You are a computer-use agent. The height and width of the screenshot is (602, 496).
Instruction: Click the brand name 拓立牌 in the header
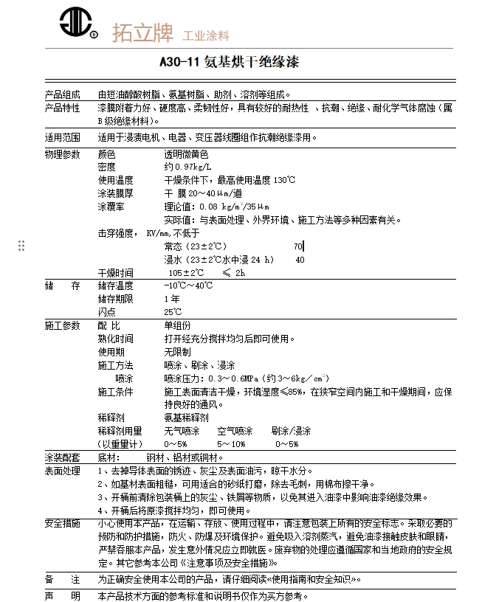click(x=142, y=32)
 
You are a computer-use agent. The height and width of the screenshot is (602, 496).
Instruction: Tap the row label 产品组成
click(x=63, y=95)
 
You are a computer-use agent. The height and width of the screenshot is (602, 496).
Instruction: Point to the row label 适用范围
click(x=63, y=137)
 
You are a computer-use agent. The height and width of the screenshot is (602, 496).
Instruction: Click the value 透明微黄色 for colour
click(x=186, y=155)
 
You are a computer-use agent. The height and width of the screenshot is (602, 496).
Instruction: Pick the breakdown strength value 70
click(x=298, y=246)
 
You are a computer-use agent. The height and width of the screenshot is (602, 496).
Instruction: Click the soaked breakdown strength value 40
click(x=300, y=260)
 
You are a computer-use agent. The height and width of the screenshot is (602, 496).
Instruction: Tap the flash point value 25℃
click(x=173, y=312)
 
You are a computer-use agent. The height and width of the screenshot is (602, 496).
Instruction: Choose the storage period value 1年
click(x=171, y=299)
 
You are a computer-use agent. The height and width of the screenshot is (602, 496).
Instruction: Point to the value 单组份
click(x=177, y=325)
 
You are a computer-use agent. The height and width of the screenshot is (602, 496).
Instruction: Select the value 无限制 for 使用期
click(x=177, y=352)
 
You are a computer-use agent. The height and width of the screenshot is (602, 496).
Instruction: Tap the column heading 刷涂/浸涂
click(x=291, y=431)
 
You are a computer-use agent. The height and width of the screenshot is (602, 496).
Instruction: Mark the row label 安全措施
click(x=63, y=524)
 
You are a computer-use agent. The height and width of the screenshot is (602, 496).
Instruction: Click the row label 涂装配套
click(x=63, y=457)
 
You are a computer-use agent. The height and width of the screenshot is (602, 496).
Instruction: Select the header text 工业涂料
click(x=207, y=35)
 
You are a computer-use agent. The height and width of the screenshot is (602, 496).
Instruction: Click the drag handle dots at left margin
click(x=21, y=246)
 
